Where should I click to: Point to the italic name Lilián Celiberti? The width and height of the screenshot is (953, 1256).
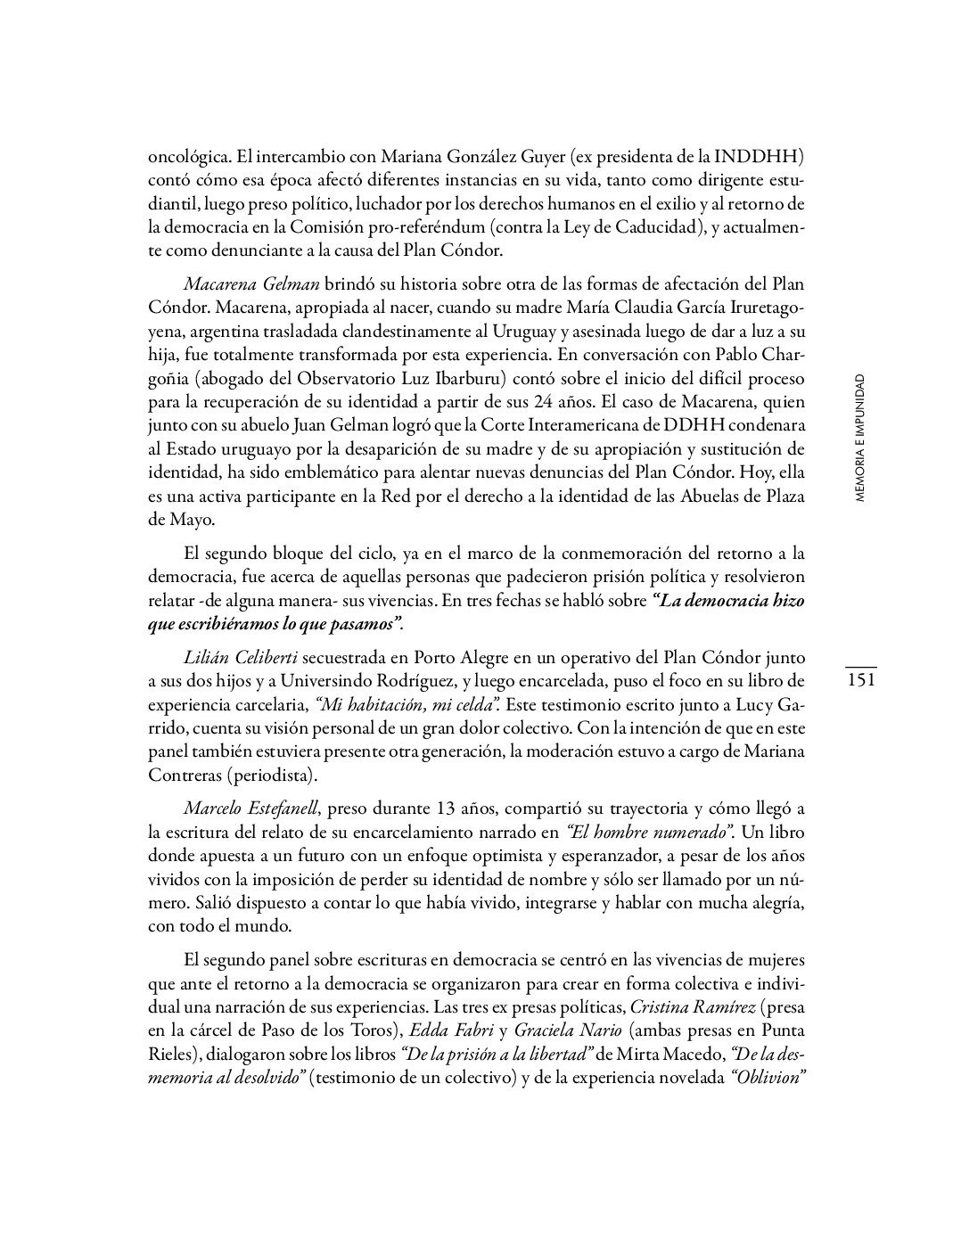coord(241,659)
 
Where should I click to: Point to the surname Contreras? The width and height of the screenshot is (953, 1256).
coord(185,775)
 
